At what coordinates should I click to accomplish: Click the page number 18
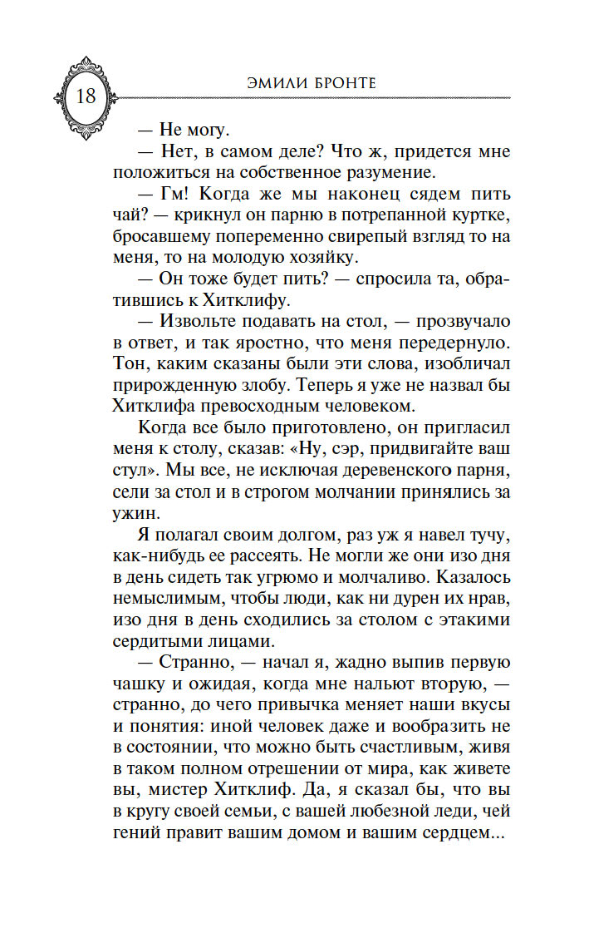point(86,96)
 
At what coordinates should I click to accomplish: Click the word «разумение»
point(376,173)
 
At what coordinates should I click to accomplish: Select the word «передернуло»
point(448,343)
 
